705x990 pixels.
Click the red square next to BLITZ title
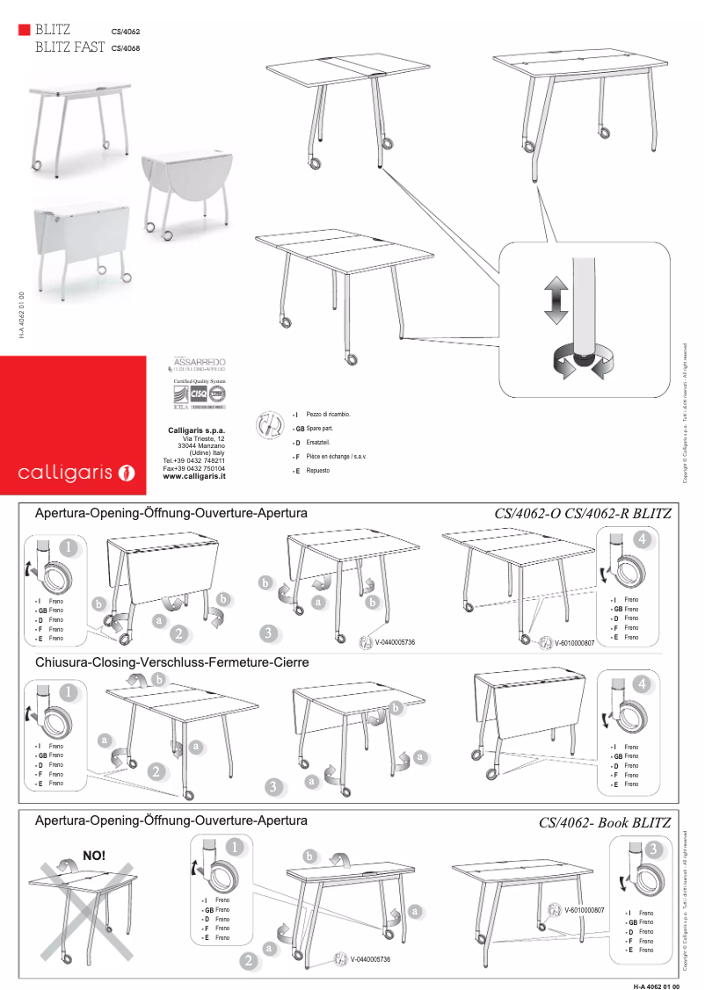click(x=24, y=30)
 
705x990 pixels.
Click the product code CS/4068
click(x=126, y=48)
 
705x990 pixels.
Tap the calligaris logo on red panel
click(x=76, y=473)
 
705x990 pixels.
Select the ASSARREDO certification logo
click(x=200, y=364)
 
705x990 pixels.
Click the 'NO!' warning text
click(x=94, y=855)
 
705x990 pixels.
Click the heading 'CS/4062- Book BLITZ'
click(x=605, y=823)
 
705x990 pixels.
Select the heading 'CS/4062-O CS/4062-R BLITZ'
click(x=583, y=513)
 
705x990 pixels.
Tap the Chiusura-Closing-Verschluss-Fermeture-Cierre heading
click(x=171, y=661)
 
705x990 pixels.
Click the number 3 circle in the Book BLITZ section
click(x=653, y=850)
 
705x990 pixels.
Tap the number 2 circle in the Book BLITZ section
click(x=251, y=962)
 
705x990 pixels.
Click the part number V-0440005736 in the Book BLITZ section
click(x=370, y=959)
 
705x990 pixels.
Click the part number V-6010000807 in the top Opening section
click(x=574, y=643)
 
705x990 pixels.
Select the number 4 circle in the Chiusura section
click(x=643, y=683)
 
